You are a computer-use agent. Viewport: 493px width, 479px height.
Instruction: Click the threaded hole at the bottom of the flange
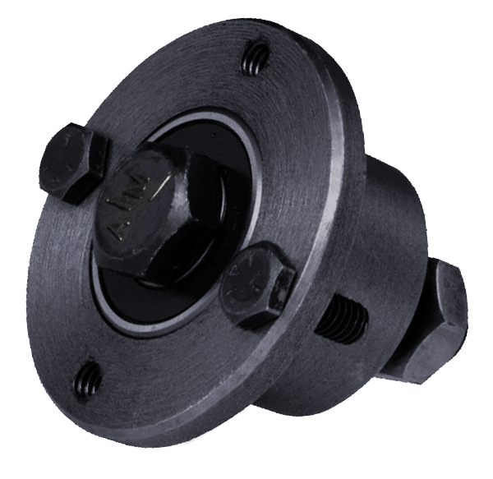pyautogui.click(x=89, y=379)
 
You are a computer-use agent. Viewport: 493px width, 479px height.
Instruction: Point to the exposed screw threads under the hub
pyautogui.click(x=341, y=320)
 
